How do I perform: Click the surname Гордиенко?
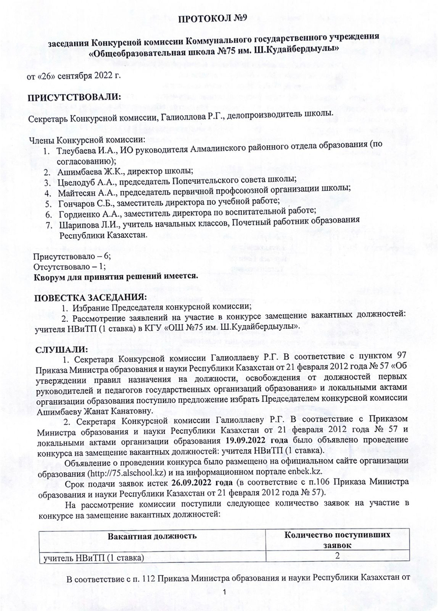(x=80, y=214)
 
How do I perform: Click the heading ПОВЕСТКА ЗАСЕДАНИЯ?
(x=90, y=297)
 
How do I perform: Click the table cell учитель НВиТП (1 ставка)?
(x=94, y=557)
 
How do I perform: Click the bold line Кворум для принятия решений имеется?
(x=115, y=276)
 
